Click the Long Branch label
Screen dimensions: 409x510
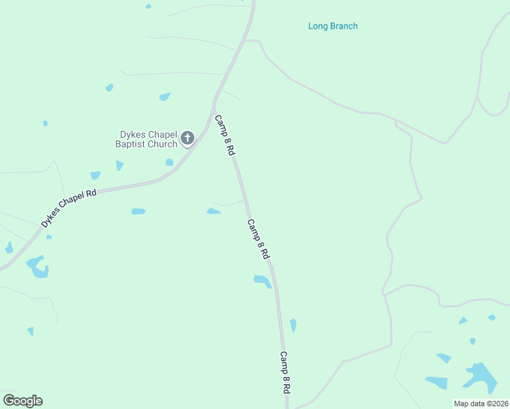(333, 27)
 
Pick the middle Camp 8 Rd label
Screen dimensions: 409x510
(258, 239)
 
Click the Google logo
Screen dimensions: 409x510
(22, 401)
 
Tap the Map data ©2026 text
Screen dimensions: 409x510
(481, 404)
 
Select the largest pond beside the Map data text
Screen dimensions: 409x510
(481, 376)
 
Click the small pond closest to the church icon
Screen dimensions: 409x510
(169, 162)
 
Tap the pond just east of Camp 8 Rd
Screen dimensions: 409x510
(293, 325)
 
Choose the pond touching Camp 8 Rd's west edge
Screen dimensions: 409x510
(262, 280)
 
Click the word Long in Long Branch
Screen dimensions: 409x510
(318, 27)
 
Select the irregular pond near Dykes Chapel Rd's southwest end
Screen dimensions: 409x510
(37, 267)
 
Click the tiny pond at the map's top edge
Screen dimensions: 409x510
(148, 6)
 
